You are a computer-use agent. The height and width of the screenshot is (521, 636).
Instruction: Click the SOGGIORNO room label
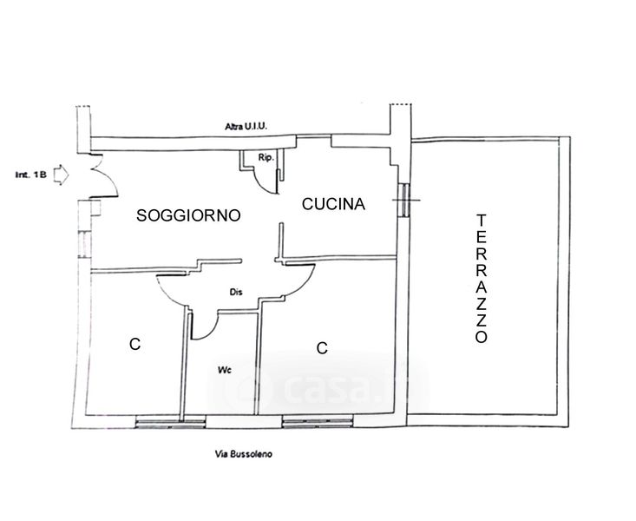pos(188,216)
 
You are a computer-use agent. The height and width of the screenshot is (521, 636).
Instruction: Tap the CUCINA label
pos(334,204)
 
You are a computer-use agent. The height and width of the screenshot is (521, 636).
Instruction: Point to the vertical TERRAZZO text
pos(482,280)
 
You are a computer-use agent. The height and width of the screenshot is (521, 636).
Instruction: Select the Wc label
pos(224,369)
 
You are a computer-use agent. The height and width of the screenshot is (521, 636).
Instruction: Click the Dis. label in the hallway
pos(235,293)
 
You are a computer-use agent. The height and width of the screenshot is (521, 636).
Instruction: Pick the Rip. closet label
pos(266,157)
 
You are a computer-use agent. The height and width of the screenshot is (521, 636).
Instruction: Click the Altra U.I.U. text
pos(246,127)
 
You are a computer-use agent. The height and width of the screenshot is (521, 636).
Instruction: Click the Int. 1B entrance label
pos(28,175)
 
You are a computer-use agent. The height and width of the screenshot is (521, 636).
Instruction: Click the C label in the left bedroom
pos(134,345)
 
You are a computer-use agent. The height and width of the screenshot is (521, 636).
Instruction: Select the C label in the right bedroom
pos(321,348)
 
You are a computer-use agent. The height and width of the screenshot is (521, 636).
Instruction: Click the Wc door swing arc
pos(205,328)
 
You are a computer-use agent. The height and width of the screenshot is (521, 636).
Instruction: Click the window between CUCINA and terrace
pos(403,201)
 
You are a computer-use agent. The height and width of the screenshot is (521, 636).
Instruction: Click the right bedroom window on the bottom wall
pos(318,421)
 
